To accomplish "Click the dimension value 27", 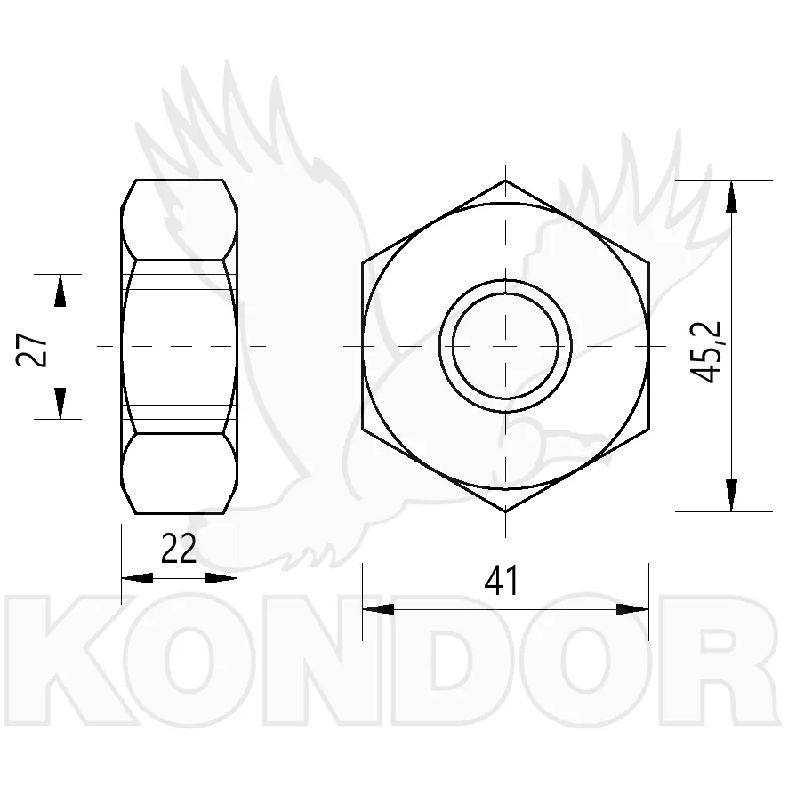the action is pyautogui.click(x=32, y=349).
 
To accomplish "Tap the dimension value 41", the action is pyautogui.click(x=501, y=580).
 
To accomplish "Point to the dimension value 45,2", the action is pyautogui.click(x=705, y=352).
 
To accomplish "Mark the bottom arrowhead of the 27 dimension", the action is pyautogui.click(x=60, y=403).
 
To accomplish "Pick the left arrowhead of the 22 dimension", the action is pyautogui.click(x=137, y=578).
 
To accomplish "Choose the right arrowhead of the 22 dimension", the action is pyautogui.click(x=221, y=578).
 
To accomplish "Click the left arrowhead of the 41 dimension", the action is pyautogui.click(x=378, y=609).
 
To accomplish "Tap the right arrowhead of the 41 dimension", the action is pyautogui.click(x=632, y=609).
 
